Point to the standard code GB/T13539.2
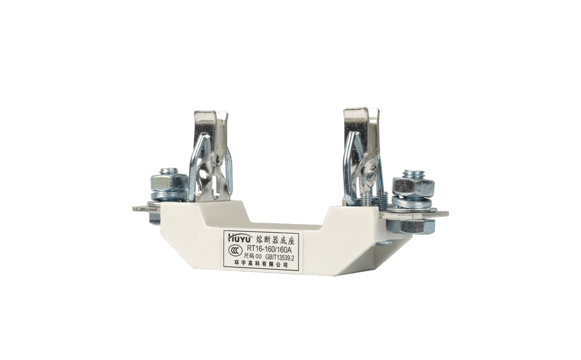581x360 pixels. click(x=280, y=258)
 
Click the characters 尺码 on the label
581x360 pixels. click(x=248, y=258)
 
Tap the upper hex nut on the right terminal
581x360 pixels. click(x=413, y=187)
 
